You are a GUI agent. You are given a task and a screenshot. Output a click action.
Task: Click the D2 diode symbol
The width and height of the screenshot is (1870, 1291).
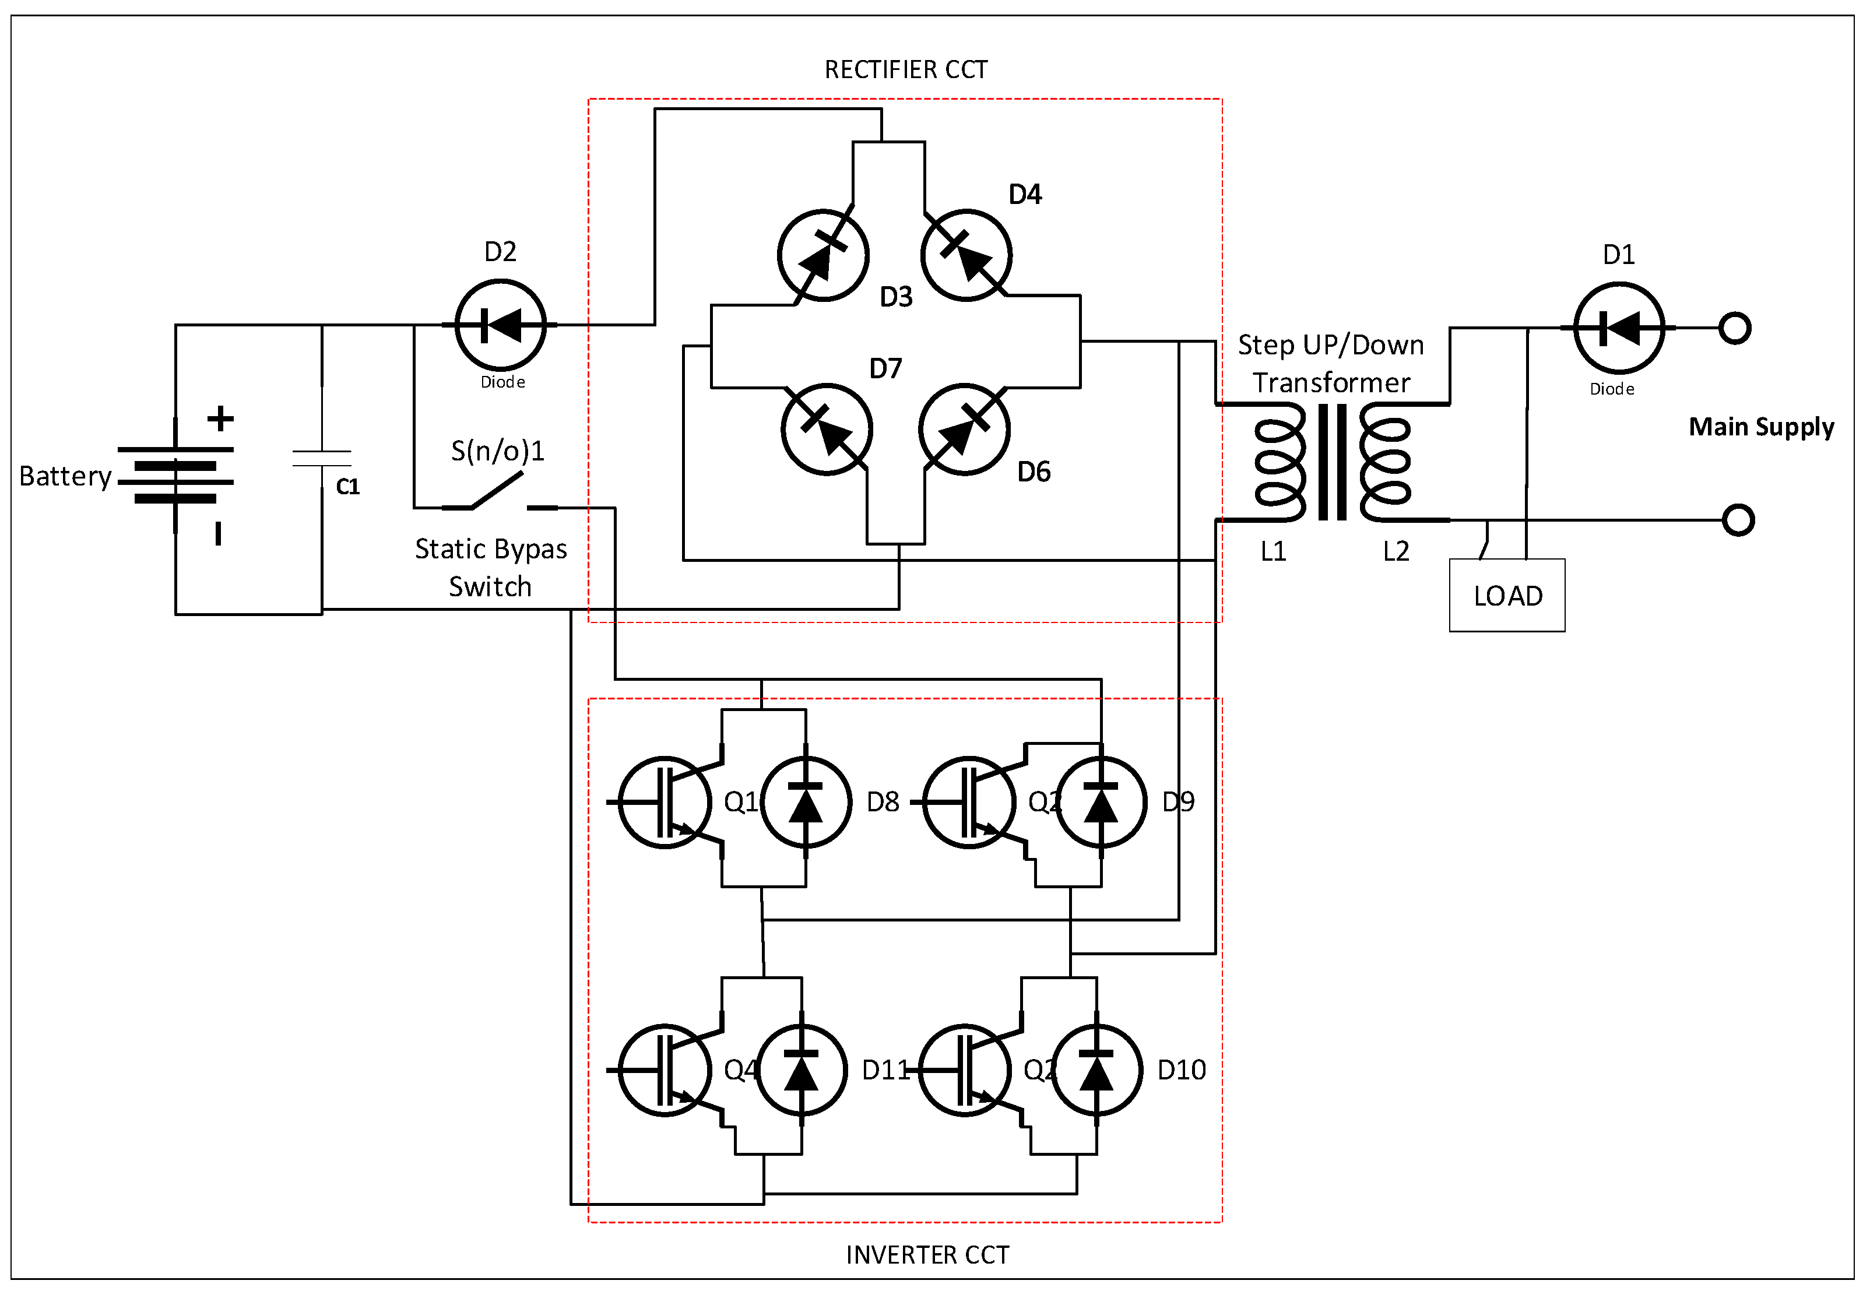coord(501,325)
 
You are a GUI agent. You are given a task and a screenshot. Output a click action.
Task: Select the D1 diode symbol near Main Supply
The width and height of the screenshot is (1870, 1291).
coord(1618,328)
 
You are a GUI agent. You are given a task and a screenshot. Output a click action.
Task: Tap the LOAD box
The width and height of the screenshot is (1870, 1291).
coord(1507,595)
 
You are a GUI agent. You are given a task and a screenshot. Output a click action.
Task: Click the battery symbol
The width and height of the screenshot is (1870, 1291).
coord(175,474)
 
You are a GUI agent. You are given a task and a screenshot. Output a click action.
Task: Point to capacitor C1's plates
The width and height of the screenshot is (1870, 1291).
coord(322,459)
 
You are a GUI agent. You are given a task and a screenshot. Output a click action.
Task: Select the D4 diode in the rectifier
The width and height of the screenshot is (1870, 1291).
coord(966,254)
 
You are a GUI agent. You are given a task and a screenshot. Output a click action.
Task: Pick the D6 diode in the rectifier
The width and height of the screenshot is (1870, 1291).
coord(964,429)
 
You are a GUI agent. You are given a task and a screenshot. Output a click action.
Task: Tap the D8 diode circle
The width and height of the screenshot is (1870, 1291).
coord(806,801)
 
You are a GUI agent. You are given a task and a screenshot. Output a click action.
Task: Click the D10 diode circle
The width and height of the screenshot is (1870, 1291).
coord(1097,1070)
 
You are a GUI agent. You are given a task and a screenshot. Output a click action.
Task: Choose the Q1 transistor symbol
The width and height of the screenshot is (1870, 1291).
coord(665,801)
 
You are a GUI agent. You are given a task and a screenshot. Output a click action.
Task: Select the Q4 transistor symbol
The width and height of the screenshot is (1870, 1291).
coord(665,1070)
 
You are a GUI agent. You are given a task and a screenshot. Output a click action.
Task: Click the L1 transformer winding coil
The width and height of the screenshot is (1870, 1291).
coord(1280,463)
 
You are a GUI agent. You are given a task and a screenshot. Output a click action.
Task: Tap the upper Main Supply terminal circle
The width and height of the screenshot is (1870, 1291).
coord(1734,328)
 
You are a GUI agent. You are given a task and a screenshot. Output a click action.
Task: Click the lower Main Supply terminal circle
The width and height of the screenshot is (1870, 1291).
coord(1737,520)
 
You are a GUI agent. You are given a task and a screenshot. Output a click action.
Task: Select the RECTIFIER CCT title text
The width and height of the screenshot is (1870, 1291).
coord(906,69)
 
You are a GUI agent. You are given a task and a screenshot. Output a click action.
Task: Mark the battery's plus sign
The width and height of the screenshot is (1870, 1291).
coord(220,418)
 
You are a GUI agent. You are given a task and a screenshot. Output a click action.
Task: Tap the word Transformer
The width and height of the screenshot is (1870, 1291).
coord(1331,382)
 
